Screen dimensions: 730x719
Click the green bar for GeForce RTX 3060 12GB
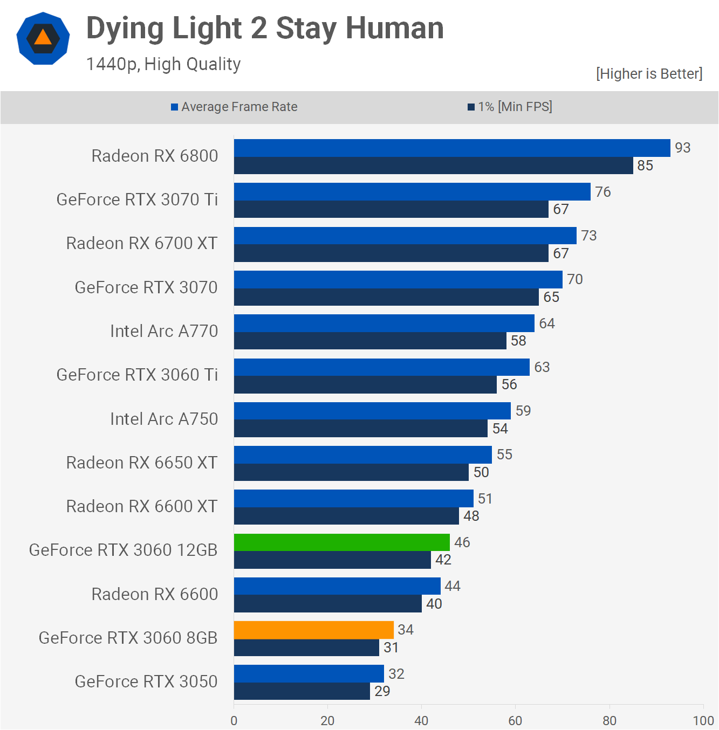[341, 542]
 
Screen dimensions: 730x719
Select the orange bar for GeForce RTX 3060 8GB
[313, 630]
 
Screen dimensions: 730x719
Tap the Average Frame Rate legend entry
[234, 107]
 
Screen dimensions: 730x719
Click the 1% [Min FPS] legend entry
[510, 107]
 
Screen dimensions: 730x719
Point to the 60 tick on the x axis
[515, 720]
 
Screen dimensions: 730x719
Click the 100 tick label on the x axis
[703, 720]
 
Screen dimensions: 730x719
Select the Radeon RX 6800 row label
[155, 156]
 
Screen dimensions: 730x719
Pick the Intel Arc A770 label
[164, 331]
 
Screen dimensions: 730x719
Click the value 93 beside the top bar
[682, 148]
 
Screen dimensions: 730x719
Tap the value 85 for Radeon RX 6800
[645, 166]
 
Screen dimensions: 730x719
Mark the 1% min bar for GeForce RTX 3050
[302, 691]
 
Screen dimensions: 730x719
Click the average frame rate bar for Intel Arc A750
[372, 411]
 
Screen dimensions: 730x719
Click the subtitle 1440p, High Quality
[163, 64]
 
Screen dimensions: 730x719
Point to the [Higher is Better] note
[649, 74]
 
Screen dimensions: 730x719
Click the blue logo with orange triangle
[43, 38]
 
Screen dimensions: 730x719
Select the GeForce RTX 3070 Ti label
[137, 199]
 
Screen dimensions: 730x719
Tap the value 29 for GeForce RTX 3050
[382, 691]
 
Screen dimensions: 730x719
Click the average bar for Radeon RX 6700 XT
[405, 236]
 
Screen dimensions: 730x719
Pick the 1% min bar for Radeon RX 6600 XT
[346, 516]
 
